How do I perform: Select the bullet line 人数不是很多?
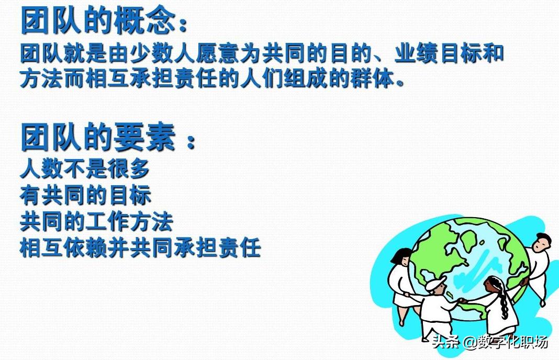point(85,169)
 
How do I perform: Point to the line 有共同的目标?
point(85,195)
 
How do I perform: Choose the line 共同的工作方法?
point(96,221)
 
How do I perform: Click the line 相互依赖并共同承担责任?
point(140,248)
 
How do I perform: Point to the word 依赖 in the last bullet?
point(85,248)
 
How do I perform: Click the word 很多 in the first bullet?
point(129,169)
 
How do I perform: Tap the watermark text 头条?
point(445,343)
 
